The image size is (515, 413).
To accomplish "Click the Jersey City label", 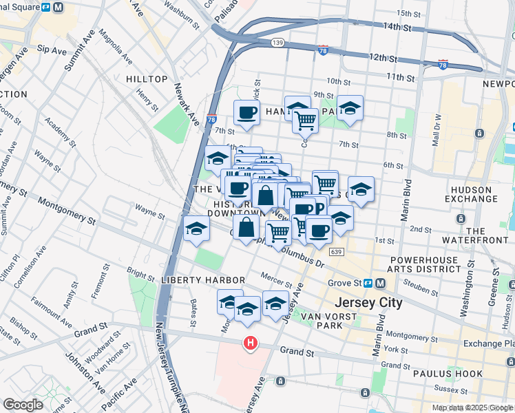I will tap(368, 302).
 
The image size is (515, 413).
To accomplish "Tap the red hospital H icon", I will tap(251, 342).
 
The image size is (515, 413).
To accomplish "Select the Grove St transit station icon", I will tap(369, 283).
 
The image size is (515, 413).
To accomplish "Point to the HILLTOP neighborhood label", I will tap(147, 79).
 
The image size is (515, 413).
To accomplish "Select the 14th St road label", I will tap(397, 28).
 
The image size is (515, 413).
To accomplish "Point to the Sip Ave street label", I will tap(51, 50).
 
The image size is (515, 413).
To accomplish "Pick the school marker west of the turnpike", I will tap(196, 229).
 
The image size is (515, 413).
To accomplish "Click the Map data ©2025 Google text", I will tap(472, 407).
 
